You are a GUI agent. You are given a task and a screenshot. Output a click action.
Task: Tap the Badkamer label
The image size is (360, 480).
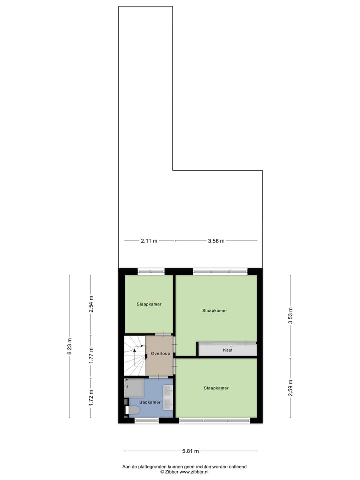[x=150, y=402]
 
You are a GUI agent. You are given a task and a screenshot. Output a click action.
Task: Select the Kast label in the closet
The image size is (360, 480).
[x=227, y=351]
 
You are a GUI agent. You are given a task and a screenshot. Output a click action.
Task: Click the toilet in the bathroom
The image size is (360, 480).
[x=133, y=410]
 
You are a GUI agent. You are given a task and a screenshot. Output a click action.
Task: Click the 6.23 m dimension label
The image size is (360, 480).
[x=69, y=346]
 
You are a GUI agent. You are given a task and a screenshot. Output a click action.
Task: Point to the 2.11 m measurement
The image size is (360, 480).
[x=148, y=241]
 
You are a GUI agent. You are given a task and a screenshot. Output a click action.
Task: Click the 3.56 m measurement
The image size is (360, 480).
[x=216, y=241]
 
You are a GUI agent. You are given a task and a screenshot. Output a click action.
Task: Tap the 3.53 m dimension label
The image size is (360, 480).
[x=290, y=315]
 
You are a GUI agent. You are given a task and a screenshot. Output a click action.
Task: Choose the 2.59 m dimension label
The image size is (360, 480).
[x=290, y=388]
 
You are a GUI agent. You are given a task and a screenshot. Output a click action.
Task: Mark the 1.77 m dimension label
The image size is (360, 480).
[x=90, y=356]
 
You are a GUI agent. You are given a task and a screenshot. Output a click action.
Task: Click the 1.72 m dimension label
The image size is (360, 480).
[x=90, y=398]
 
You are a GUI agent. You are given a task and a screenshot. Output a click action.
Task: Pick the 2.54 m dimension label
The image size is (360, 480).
[x=90, y=304]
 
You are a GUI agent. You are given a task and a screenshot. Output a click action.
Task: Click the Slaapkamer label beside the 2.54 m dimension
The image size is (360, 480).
[x=149, y=304]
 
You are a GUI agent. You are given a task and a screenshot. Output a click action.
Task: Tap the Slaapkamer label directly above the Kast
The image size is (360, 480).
[x=215, y=310]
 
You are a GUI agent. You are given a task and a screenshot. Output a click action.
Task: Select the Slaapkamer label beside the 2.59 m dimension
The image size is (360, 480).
[x=216, y=388]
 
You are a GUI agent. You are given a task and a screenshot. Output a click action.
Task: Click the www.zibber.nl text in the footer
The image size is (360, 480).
[x=194, y=471]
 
